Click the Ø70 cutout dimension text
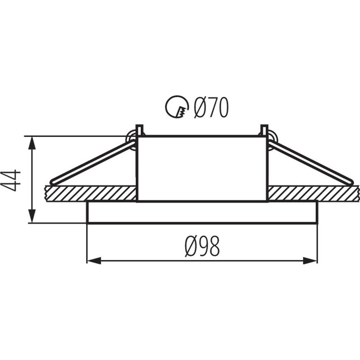[211, 108]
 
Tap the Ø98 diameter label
[202, 246]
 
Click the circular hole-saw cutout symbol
[177, 107]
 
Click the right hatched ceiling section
[313, 194]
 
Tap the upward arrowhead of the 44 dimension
[32, 144]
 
